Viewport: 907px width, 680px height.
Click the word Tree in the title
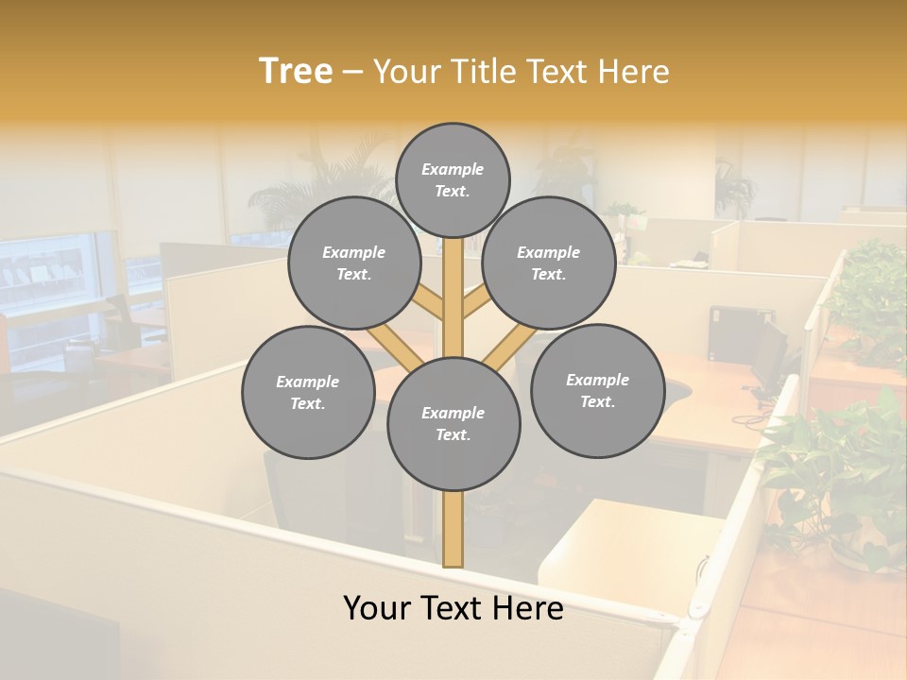coord(296,72)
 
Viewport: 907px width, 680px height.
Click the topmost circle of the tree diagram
coord(453,179)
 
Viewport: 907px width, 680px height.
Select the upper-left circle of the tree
coord(353,263)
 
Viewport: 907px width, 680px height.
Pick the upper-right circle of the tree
coord(549,263)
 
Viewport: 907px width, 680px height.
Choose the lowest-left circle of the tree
coord(308,392)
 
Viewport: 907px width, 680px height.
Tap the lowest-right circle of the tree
coord(597,390)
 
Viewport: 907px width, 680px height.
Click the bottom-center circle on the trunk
coord(453,424)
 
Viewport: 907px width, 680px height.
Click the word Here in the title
coord(633,72)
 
